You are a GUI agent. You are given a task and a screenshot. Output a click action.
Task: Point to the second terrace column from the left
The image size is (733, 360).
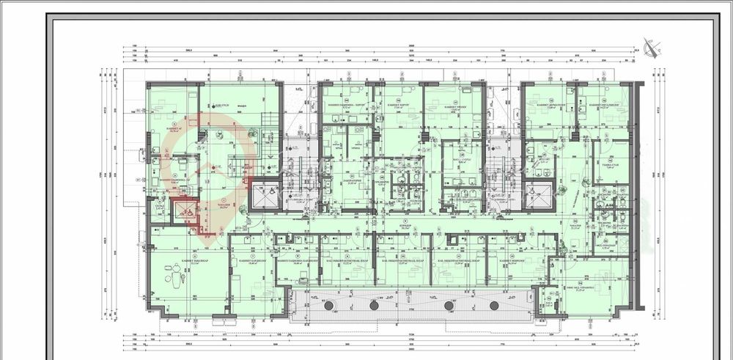tap(375, 304)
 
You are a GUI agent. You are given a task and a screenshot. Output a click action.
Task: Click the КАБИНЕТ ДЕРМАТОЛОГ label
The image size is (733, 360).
tap(548, 105)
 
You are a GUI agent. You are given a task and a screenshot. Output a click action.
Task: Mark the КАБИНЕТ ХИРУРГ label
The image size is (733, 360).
tap(399, 105)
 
